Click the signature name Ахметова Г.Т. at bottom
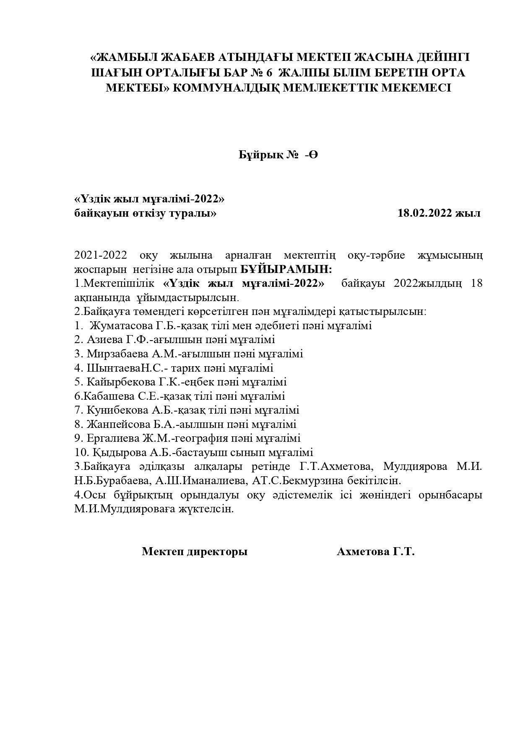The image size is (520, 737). (375, 551)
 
